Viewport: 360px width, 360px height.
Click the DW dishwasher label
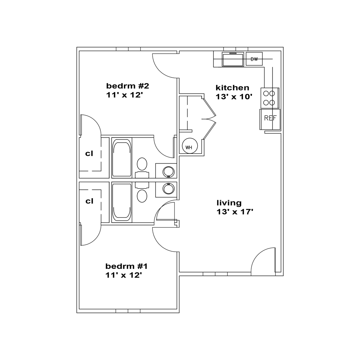(x=254, y=59)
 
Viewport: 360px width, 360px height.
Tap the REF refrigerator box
(x=270, y=120)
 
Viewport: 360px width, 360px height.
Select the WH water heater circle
(x=190, y=145)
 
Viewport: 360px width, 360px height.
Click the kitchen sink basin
(x=233, y=59)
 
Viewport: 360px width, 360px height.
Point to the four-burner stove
(x=270, y=98)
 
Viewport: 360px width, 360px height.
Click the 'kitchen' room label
(x=232, y=88)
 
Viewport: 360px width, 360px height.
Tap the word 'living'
(x=229, y=203)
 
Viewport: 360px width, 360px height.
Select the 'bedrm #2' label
(x=127, y=86)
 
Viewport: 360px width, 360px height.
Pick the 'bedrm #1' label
(x=126, y=266)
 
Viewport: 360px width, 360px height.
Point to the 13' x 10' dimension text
(x=234, y=96)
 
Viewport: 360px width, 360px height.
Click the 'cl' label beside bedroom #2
(x=89, y=154)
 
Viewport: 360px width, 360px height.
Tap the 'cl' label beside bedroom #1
(x=89, y=201)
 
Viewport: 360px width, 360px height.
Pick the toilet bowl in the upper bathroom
(x=142, y=164)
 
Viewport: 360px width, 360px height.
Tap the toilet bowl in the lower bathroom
(x=142, y=196)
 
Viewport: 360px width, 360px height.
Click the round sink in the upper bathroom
(x=168, y=172)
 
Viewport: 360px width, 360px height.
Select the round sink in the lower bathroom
(x=168, y=189)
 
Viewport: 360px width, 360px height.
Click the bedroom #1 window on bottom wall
(x=128, y=311)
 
